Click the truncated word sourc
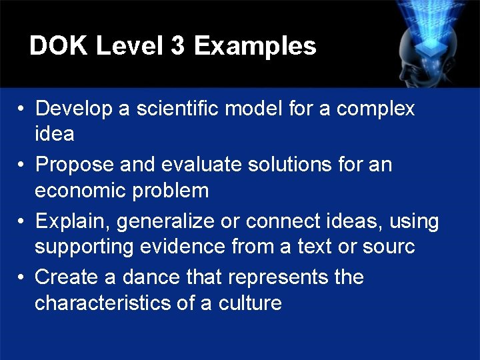[388, 247]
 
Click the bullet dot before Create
[22, 277]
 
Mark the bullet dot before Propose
[22, 165]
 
